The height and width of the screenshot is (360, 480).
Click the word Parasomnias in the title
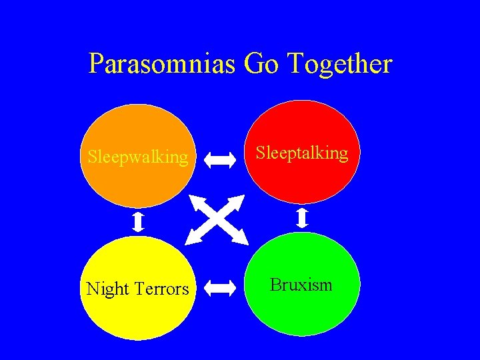(163, 65)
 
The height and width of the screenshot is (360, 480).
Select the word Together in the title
(341, 65)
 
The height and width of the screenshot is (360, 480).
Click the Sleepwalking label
(138, 157)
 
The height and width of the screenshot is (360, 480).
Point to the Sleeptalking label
(302, 153)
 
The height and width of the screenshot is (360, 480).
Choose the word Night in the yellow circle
(108, 289)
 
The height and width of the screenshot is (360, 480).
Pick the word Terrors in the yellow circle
(162, 289)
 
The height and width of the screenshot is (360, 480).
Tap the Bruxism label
(301, 285)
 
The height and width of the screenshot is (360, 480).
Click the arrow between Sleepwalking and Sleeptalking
(219, 159)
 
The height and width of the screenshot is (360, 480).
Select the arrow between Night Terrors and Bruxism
(219, 288)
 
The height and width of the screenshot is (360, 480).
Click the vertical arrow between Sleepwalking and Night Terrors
(138, 221)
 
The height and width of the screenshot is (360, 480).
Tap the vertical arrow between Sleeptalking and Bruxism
(302, 217)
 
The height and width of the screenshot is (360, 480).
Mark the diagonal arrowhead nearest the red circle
(241, 199)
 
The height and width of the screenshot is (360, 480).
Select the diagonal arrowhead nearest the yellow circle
(192, 239)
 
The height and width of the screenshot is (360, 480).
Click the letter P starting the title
(96, 65)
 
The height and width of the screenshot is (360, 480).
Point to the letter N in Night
(93, 289)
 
